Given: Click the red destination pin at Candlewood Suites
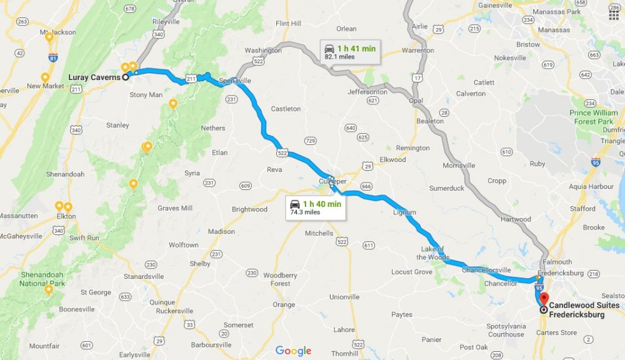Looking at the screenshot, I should pos(543,299).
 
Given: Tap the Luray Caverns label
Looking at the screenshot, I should pos(94,77).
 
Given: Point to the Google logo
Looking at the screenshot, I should pos(293,351).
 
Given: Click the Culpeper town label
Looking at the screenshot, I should pos(332,181).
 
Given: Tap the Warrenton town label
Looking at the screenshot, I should pos(417,50).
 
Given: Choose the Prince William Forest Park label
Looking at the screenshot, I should pos(593,117).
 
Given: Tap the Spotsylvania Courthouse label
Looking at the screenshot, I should pos(506,330).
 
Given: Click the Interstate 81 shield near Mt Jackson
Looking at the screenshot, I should pos(53,58).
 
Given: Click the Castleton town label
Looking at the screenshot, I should pos(286,109).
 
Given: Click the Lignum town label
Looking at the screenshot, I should pos(404,212).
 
